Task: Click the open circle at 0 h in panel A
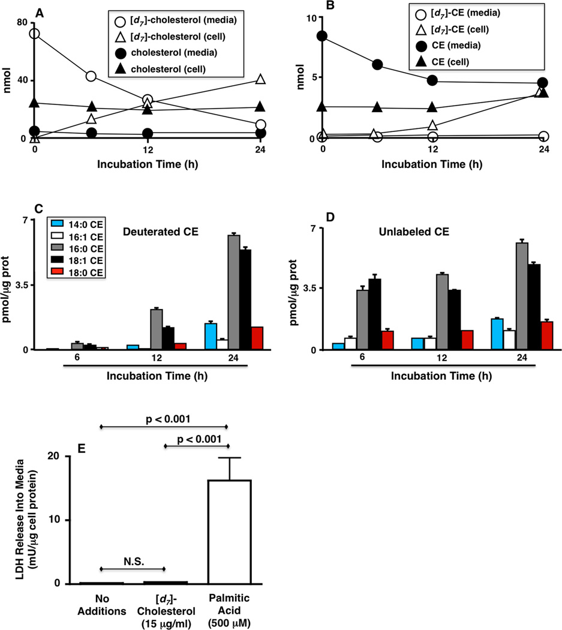[x=34, y=34]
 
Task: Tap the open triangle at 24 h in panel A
[x=259, y=79]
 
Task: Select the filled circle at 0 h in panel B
[x=322, y=36]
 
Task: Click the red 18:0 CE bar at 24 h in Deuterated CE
[x=257, y=338]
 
